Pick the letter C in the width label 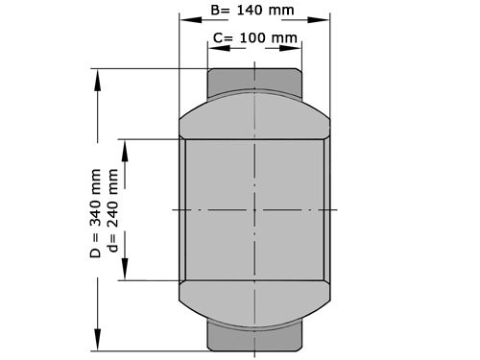coord(216,37)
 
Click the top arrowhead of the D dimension coord(96,77)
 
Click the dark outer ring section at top coord(254,76)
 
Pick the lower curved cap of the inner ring coord(254,305)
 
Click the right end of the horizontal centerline coord(336,209)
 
